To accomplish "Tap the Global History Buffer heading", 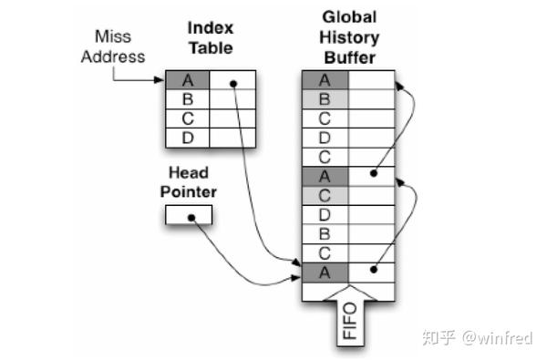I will point(349,37).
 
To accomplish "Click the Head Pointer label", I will point(188,182).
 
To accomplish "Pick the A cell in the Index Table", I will point(188,81).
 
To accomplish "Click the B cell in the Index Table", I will point(188,99).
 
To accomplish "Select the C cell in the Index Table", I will point(188,118).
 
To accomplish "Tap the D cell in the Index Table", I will point(188,138).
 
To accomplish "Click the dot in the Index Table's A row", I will point(233,83).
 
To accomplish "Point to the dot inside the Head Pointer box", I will point(191,217).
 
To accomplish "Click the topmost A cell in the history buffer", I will point(325,80).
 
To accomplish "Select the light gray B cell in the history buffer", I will point(325,98).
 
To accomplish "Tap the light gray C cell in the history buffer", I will point(325,195).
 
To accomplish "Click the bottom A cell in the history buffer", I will point(325,272).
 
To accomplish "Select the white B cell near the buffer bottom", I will point(325,233).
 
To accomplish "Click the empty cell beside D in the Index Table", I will point(233,138).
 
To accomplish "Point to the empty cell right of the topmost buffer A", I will point(371,80).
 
